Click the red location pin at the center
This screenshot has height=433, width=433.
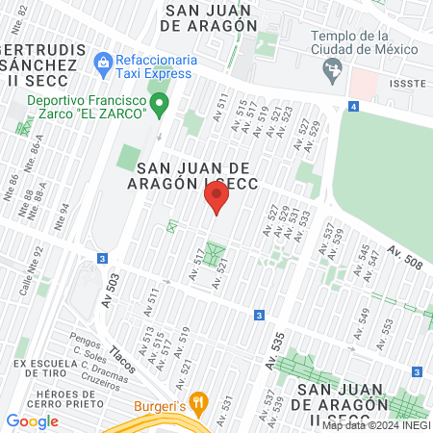[x=216, y=199]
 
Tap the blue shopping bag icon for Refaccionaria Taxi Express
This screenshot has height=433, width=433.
[x=102, y=64]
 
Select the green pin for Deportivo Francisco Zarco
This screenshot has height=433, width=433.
[x=163, y=100]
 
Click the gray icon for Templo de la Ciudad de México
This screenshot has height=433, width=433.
[x=334, y=67]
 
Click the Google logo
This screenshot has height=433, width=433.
[x=32, y=420]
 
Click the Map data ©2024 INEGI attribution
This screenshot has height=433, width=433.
[x=375, y=424]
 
